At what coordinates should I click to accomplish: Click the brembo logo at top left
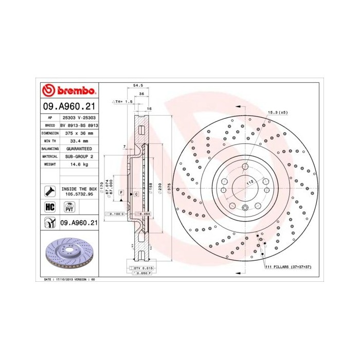[x=69, y=91]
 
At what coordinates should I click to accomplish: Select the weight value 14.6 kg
[x=79, y=165]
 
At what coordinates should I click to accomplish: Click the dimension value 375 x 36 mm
[x=78, y=133]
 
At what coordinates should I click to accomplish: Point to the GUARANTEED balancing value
[x=79, y=148]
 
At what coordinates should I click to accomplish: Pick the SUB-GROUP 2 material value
[x=79, y=156]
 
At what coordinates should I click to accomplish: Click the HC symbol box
[x=50, y=207]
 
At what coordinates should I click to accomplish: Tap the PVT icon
[x=68, y=207]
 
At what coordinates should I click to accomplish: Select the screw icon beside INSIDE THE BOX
[x=50, y=191]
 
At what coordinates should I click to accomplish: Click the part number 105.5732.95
[x=79, y=194]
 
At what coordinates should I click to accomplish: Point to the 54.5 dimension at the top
[x=138, y=86]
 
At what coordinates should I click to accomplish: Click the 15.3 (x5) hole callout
[x=277, y=112]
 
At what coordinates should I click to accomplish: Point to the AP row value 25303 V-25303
[x=79, y=117]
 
